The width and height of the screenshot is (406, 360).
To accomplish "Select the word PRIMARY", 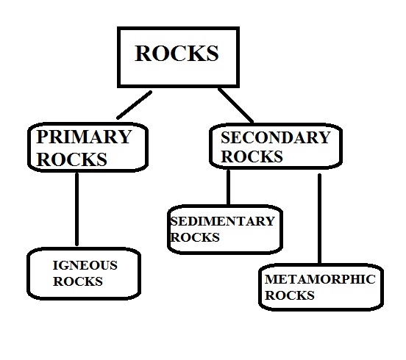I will point(84,137).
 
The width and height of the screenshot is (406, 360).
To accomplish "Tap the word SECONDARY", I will point(275,137).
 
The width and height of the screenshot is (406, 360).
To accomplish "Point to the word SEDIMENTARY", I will point(221,221).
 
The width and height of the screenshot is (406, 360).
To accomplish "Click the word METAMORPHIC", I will point(319,280).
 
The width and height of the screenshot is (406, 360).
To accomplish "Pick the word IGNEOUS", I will point(85,265).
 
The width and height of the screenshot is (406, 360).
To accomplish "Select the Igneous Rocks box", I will point(83,273).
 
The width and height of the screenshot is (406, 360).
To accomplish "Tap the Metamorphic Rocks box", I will point(321,288).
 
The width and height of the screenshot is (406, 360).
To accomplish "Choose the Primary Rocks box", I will point(87,147).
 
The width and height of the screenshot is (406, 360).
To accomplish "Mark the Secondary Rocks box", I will point(275,146).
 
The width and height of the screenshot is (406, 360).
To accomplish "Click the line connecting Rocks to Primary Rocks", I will point(134,104).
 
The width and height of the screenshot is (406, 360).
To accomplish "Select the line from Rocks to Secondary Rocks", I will point(235,105).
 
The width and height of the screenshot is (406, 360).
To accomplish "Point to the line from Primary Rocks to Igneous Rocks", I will point(76,209).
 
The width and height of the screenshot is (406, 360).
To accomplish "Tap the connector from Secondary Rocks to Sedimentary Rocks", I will point(228,188).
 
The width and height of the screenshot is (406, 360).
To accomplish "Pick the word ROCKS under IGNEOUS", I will point(77,281).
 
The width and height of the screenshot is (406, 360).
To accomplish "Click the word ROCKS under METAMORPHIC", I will point(290,296).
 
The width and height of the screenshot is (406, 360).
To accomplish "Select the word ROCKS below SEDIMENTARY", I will point(195,238).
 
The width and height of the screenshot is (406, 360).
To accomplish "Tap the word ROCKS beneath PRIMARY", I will point(72,159).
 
